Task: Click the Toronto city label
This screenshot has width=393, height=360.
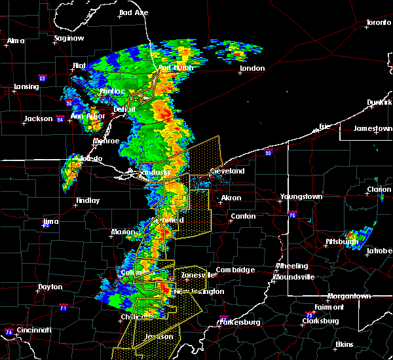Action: (x=378, y=22)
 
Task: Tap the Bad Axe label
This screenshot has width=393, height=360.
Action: (x=133, y=12)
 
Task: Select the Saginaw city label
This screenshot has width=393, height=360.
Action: (x=68, y=38)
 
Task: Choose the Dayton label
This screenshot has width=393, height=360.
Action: (x=50, y=287)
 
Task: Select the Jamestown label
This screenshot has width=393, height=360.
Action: (x=373, y=128)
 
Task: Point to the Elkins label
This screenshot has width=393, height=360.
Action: (x=344, y=344)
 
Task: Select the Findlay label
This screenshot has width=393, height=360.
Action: (x=88, y=201)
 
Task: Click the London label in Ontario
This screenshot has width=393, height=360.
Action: (x=252, y=68)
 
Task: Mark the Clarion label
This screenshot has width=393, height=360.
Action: (x=379, y=189)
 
